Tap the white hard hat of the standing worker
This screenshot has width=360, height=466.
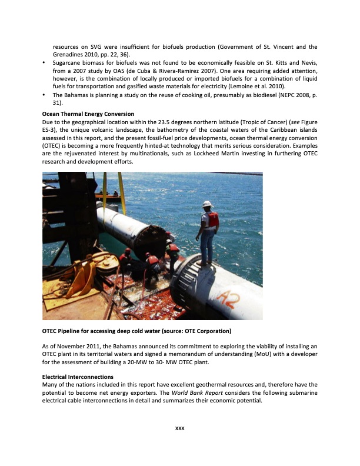pyautogui.click(x=206, y=204)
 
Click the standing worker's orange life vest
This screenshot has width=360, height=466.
pyautogui.click(x=211, y=221)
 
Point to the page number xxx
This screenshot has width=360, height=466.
pyautogui.click(x=180, y=427)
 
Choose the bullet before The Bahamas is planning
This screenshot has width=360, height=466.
pyautogui.click(x=45, y=95)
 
